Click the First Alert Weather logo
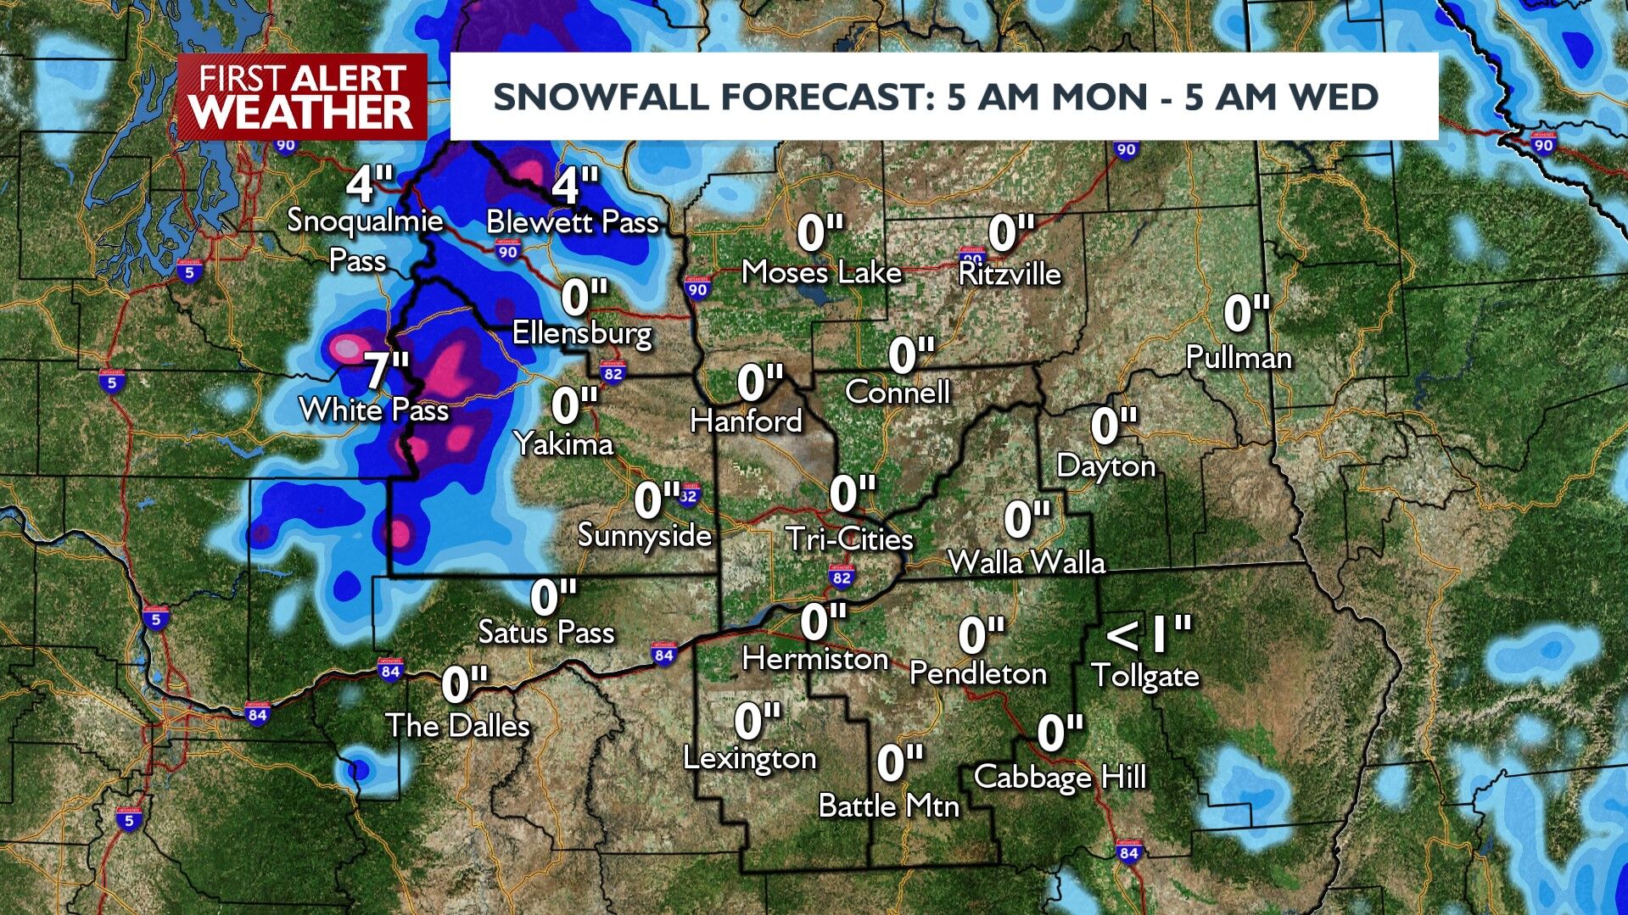(x=302, y=97)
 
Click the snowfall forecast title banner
(x=943, y=97)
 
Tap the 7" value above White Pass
(x=387, y=371)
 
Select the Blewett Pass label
(x=573, y=222)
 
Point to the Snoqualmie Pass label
(x=365, y=239)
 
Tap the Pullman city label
(x=1239, y=358)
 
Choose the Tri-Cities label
(x=849, y=538)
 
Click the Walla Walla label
(x=1027, y=562)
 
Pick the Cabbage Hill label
(x=1060, y=777)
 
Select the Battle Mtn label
(x=888, y=806)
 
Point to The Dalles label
(x=457, y=726)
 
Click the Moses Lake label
(x=821, y=272)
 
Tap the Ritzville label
(x=1010, y=274)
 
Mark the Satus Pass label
(x=546, y=632)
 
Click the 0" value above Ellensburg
(x=585, y=298)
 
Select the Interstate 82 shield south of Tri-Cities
(x=841, y=578)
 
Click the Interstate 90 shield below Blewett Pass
(x=507, y=252)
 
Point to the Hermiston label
(x=815, y=659)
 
